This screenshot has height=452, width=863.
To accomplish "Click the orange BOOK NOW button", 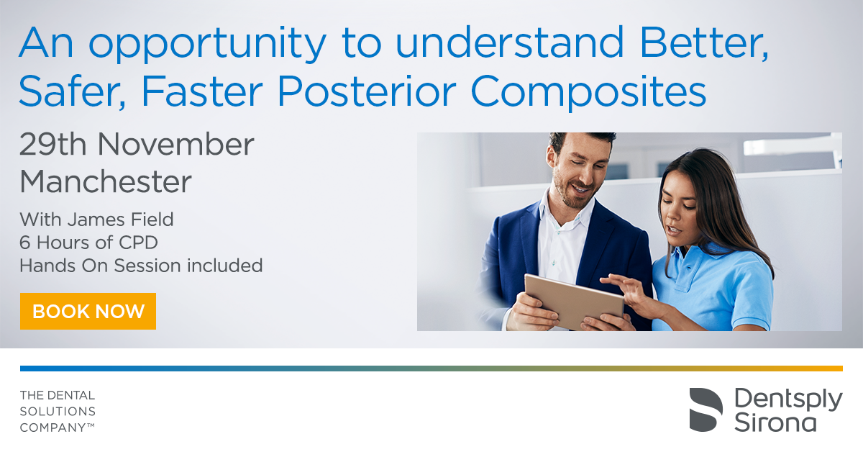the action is coord(88,311).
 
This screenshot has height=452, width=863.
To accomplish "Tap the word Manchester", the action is coord(106,181).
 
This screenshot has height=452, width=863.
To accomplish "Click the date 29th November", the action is coord(137,144).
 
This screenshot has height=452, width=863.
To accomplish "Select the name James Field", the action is coord(121,220).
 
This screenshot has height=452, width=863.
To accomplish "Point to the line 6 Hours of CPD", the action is coord(88,243).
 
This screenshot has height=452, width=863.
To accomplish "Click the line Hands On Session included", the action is coord(141,266).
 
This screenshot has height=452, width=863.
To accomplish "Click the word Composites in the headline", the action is coord(589,94).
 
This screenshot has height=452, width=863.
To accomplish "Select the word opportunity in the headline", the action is coord(208,45).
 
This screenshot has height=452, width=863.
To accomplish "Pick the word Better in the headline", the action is coord(704,42).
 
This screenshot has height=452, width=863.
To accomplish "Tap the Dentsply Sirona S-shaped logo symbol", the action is coord(706,410).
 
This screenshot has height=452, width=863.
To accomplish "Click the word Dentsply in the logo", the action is coord(788,400).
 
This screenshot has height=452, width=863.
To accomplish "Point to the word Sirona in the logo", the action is coord(775,423).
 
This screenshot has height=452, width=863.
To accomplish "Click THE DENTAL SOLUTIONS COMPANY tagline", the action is coord(58,411).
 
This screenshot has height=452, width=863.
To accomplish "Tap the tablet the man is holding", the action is coord(575,301).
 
